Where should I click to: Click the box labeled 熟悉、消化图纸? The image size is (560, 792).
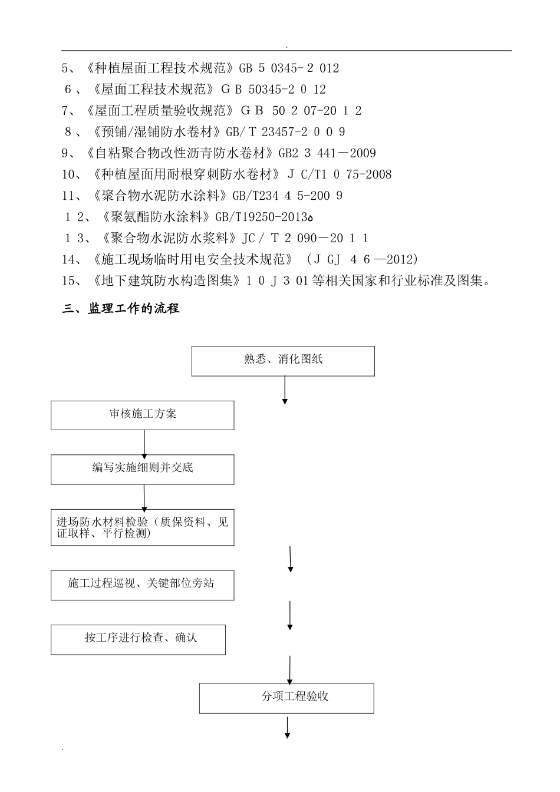(x=283, y=361)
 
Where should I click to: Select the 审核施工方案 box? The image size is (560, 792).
(x=142, y=415)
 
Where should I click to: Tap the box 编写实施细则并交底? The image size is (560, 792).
(x=142, y=469)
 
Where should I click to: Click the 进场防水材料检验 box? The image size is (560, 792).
(x=142, y=527)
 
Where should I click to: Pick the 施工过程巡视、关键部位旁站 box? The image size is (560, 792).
(x=142, y=585)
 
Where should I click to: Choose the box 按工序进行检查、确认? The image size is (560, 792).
(x=138, y=639)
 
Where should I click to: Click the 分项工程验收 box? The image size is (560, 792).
(x=286, y=698)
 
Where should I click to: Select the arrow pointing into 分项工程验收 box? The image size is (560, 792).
(x=290, y=669)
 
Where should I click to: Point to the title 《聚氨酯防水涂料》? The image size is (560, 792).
(x=156, y=217)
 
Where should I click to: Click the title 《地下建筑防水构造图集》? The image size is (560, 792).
(x=167, y=280)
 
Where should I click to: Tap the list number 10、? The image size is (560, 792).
(x=73, y=174)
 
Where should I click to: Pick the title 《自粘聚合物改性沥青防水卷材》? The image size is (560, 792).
(x=179, y=153)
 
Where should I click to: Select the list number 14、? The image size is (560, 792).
(x=73, y=259)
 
